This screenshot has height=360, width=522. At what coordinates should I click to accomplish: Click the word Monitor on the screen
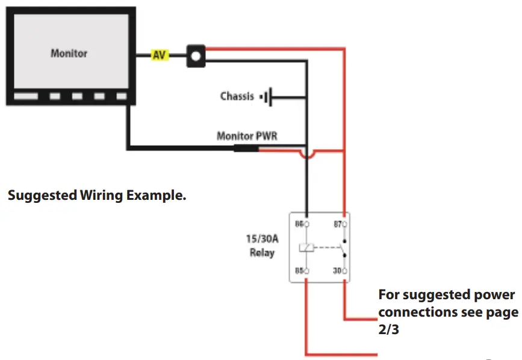pos(69,53)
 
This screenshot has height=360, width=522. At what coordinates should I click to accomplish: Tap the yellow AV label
pos(160,55)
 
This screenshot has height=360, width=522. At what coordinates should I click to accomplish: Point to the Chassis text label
pos(237,96)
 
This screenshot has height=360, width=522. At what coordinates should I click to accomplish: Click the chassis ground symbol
pos(266,96)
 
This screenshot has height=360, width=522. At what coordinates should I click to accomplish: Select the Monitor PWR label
pos(247,136)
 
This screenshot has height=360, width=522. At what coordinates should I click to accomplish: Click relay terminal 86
pos(306,224)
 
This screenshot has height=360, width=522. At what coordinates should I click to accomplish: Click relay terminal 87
pos(344,224)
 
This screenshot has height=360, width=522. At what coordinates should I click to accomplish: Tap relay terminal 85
pos(306,271)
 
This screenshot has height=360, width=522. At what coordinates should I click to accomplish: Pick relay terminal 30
pos(344,271)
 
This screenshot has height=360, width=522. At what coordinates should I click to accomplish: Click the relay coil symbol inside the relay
pos(306,247)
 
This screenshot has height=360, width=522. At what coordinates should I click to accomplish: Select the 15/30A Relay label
pos(262,245)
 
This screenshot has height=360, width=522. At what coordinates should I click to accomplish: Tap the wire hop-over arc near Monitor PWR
pos(307,155)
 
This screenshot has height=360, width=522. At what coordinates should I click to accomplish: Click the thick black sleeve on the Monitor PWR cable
pos(246,147)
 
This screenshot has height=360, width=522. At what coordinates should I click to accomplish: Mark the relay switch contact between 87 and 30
pos(343,247)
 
